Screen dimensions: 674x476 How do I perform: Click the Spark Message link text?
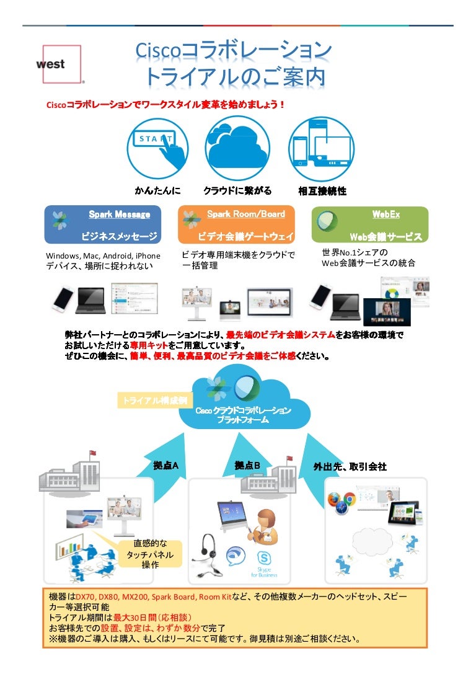(x=119, y=215)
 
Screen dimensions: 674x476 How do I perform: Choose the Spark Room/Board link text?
(x=245, y=214)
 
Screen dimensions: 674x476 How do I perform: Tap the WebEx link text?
(x=386, y=215)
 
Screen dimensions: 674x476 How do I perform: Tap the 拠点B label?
(x=247, y=466)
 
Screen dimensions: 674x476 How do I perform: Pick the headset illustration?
(x=209, y=549)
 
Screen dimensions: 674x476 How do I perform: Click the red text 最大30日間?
(x=133, y=618)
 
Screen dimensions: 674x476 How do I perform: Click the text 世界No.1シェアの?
(x=355, y=252)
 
